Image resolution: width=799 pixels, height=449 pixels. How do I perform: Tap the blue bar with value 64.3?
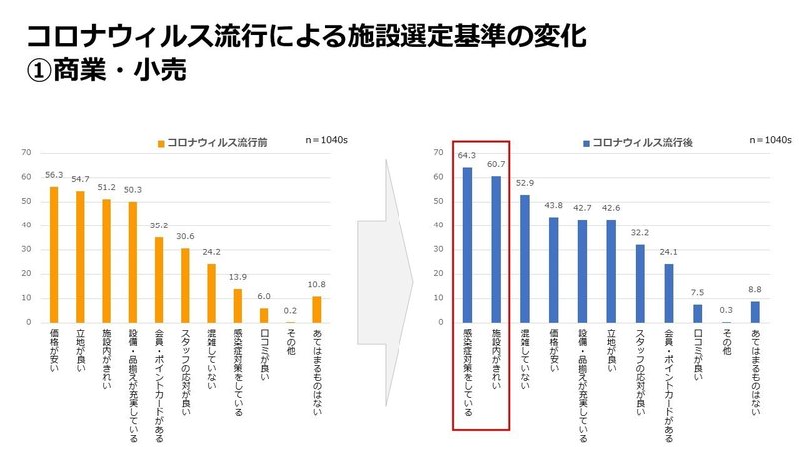[467, 244]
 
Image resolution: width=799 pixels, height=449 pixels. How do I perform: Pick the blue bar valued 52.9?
[525, 258]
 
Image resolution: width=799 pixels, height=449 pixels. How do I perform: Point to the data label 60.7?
[496, 164]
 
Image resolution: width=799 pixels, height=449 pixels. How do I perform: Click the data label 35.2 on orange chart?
[159, 226]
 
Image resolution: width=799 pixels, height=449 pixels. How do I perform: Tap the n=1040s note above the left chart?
[327, 141]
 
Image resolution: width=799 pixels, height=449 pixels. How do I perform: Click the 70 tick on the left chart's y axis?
[26, 152]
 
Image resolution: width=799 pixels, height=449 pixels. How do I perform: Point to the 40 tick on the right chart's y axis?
[438, 225]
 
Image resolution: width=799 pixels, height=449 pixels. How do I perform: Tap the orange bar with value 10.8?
[316, 310]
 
